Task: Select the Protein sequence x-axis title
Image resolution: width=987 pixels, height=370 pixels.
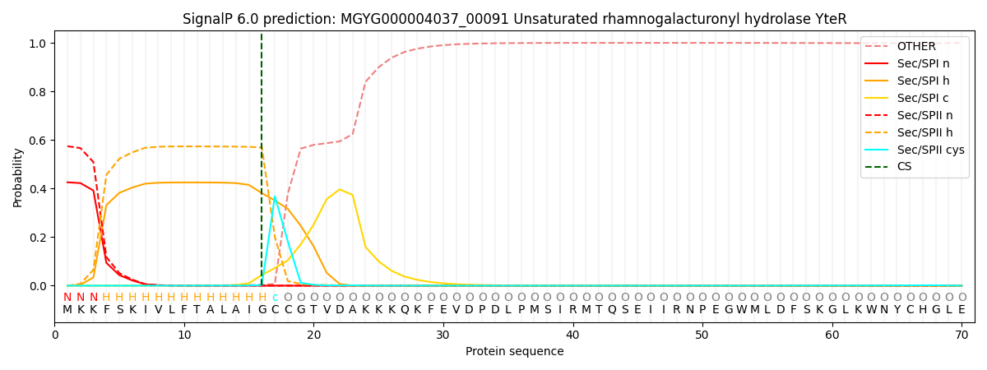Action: (515, 351)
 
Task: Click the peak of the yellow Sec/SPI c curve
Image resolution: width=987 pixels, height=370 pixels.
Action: (340, 189)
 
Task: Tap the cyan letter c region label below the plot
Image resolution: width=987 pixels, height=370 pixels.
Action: (275, 298)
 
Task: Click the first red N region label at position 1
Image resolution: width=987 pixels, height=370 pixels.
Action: (67, 298)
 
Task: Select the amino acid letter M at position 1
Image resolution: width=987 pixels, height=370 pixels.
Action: (67, 310)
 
